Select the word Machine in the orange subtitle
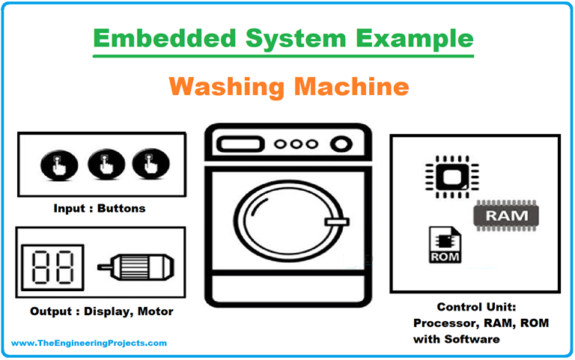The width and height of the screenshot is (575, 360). (352, 87)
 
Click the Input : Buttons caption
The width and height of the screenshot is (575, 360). (99, 208)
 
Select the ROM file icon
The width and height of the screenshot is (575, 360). (445, 245)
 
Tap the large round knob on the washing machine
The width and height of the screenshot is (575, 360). (341, 144)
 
